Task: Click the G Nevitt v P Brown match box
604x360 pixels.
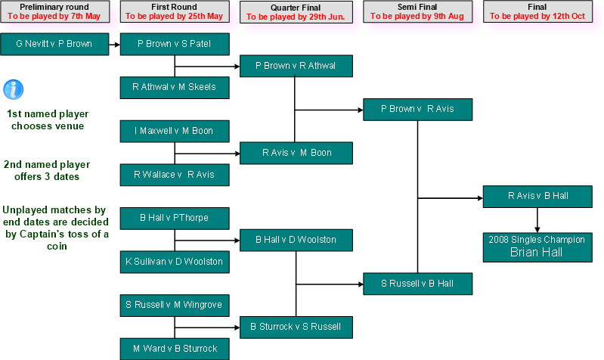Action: tap(54, 44)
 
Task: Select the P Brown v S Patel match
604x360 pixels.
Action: tap(175, 44)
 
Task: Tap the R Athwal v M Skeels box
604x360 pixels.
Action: tap(175, 88)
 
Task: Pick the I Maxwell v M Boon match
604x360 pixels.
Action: tap(175, 132)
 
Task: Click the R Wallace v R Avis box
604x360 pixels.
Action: tap(175, 175)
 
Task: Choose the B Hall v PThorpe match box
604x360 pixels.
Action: tap(175, 219)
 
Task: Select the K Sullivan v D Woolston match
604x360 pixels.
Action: tap(175, 262)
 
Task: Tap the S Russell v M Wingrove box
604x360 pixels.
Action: tap(175, 306)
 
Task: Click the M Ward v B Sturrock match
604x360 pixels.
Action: tap(175, 349)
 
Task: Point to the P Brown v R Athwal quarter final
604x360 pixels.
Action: tap(296, 67)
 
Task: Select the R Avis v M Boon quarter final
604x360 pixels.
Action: tap(296, 154)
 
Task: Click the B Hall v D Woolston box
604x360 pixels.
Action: tap(296, 241)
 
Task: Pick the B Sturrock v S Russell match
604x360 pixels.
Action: tap(296, 327)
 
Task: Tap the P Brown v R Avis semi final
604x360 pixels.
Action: tap(417, 110)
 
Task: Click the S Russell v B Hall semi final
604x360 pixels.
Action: tap(417, 284)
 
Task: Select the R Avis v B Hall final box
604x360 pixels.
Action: tap(537, 197)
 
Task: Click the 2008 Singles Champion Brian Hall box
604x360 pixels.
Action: tap(537, 247)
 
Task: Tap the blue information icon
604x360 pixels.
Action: tap(13, 89)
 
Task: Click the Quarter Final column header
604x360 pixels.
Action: tap(299, 11)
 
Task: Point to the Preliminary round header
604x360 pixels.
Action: tap(54, 11)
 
